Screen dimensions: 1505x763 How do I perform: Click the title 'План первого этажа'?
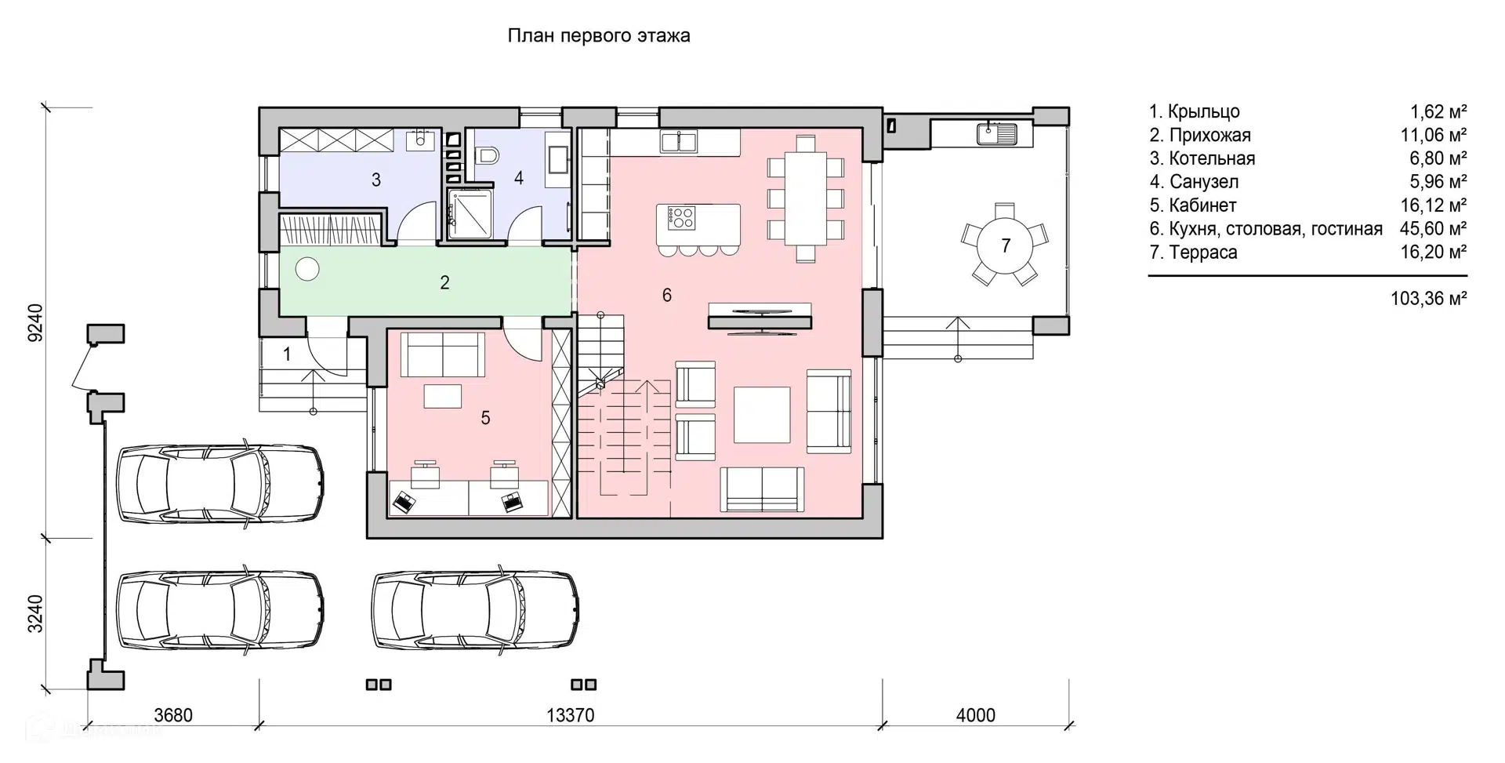(599, 36)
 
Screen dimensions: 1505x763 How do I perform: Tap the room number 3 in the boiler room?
(376, 180)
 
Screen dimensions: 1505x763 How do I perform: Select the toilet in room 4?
(487, 155)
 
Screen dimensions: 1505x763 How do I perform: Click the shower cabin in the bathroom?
(470, 214)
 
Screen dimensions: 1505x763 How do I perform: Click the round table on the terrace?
(1006, 245)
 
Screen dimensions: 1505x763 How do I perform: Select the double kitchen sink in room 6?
(679, 141)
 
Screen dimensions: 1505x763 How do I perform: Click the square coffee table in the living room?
(762, 414)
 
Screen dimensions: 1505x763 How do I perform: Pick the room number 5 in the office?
(485, 418)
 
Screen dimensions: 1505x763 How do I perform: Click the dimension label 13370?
(571, 715)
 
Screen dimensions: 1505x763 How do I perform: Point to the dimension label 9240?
(35, 322)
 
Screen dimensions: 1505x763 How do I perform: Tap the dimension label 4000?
(976, 715)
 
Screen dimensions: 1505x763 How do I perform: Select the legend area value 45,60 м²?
(1434, 228)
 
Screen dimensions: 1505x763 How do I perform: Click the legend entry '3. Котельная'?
(1202, 158)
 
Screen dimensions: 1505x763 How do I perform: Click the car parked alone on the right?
(476, 609)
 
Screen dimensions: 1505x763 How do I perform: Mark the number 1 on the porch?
(287, 354)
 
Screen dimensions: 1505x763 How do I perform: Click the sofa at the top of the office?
(443, 354)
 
